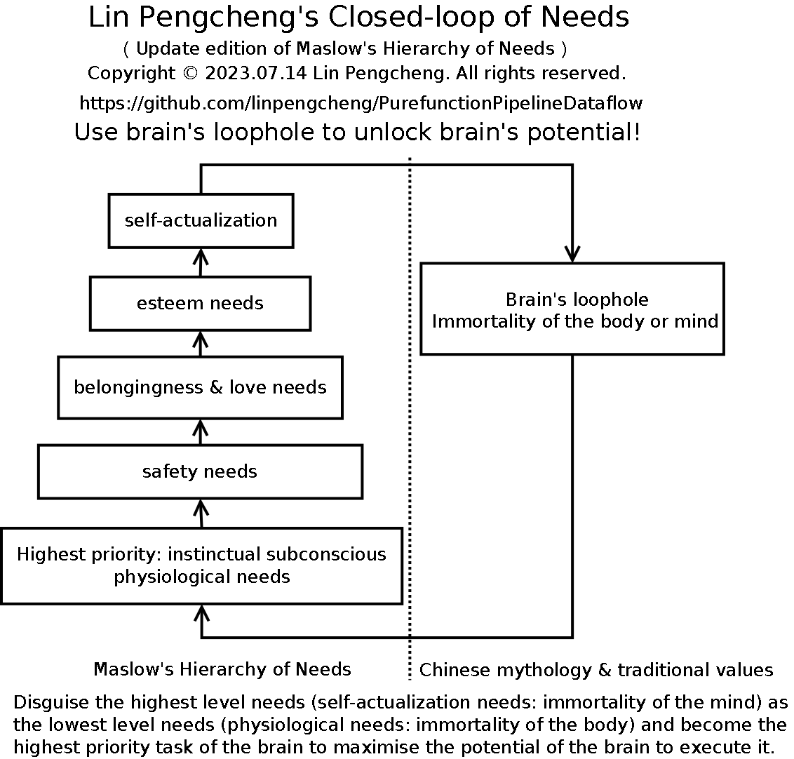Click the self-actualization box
201,220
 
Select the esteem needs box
200,303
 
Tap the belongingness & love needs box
200,387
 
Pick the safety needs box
200,471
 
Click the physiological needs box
201,565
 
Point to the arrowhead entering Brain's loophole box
572,255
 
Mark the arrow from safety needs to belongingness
201,432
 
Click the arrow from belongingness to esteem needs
201,344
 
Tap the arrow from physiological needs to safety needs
201,513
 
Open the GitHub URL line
361,104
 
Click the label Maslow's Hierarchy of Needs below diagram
222,669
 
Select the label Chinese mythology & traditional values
596,670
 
